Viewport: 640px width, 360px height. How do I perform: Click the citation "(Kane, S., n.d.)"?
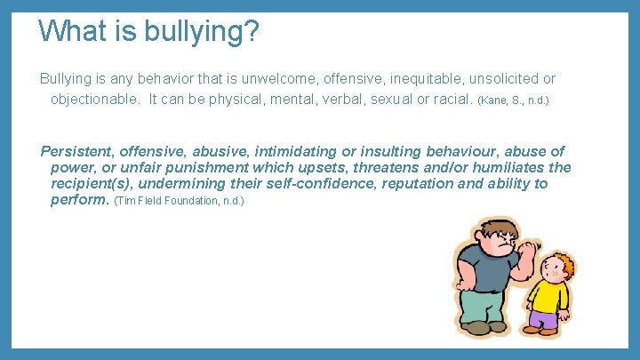tap(513, 100)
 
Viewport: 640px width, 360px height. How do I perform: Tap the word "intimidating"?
tap(275, 152)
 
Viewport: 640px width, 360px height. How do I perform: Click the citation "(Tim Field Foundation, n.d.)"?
tap(179, 202)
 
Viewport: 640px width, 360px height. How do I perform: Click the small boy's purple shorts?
tap(544, 318)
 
